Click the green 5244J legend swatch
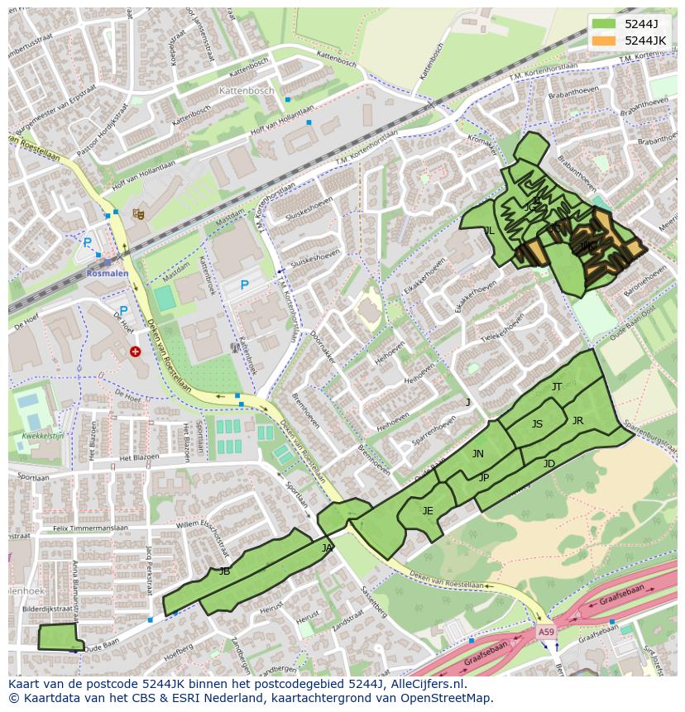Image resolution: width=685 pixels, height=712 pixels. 604,24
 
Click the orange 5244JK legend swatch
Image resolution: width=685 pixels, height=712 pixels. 604,41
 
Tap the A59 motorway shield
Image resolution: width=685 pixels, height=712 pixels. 545,632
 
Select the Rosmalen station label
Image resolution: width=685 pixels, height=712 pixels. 108,272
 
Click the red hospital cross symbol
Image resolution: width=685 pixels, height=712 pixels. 136,351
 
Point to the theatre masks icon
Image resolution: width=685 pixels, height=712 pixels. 138,214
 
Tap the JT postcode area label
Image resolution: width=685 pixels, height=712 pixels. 557,387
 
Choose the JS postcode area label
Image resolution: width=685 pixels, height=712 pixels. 537,424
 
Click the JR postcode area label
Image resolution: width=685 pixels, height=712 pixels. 577,421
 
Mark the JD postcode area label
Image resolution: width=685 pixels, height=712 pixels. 549,464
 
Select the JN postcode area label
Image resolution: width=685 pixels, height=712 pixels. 478,454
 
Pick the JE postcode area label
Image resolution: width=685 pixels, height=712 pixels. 428,511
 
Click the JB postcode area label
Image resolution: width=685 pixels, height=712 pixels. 224,571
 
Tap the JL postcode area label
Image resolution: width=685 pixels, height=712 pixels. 489,231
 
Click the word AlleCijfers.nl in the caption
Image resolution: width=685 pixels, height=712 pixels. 418,684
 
